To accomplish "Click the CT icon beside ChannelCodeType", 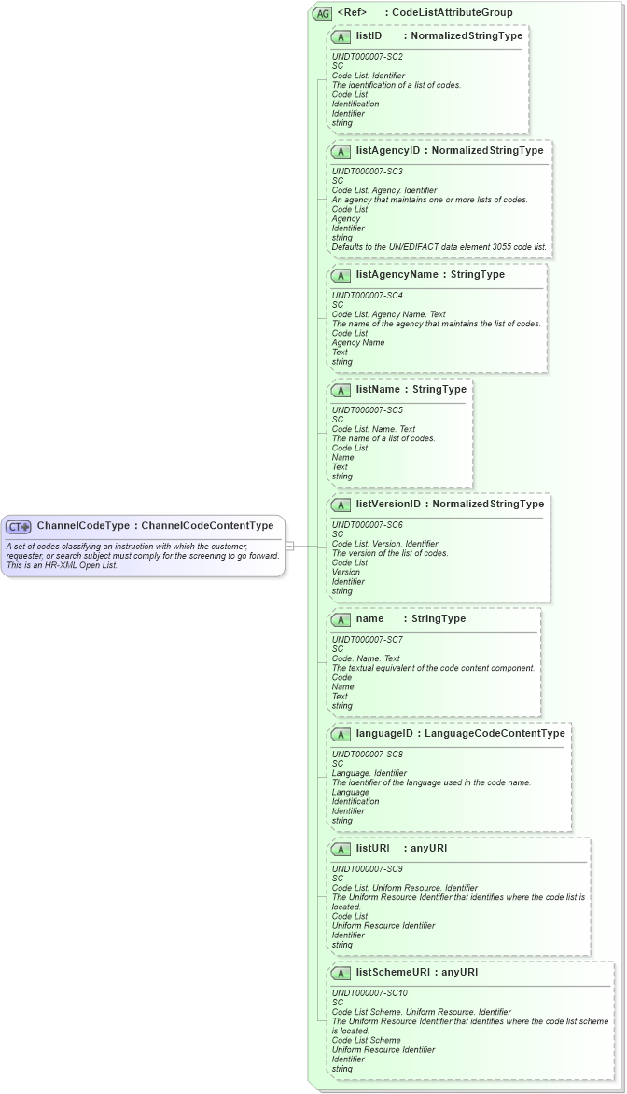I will click(x=20, y=526).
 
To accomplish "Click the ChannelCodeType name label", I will click(x=83, y=526).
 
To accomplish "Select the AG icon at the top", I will click(x=323, y=13).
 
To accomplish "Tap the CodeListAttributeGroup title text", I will click(x=453, y=13).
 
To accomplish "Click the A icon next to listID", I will click(x=341, y=36).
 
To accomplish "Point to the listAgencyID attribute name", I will click(x=388, y=150).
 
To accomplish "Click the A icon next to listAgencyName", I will click(x=341, y=275).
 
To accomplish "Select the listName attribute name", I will click(x=379, y=389).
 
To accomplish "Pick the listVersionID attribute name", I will click(x=389, y=504).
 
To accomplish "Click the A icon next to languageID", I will click(x=341, y=734).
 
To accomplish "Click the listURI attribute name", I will click(x=373, y=849).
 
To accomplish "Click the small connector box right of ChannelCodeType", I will click(x=290, y=546).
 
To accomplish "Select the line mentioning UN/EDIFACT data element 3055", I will click(x=439, y=247).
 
